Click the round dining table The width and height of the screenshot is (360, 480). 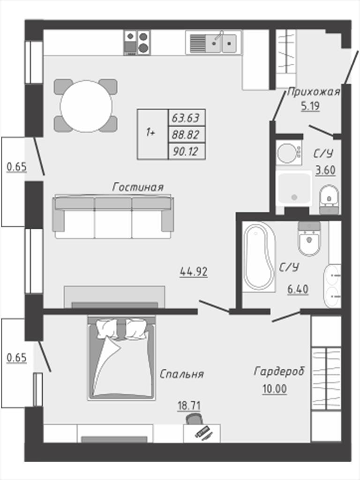click(86, 106)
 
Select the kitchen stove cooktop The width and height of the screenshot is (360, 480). click(137, 43)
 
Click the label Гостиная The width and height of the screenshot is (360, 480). click(138, 187)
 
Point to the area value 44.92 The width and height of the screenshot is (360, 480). click(194, 271)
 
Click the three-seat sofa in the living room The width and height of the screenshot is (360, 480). click(113, 217)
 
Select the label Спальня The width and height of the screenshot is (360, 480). click(182, 374)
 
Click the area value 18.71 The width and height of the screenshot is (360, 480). click(189, 406)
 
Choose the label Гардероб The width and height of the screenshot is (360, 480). click(279, 371)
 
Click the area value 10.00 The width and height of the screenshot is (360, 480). click(275, 389)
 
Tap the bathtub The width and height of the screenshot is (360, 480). click(259, 257)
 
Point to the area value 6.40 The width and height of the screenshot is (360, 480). click(298, 289)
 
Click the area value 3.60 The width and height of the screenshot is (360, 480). click(325, 170)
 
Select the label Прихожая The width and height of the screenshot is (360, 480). click(314, 92)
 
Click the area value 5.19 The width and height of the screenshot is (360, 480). click(310, 106)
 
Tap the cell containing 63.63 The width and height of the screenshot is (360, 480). click(187, 117)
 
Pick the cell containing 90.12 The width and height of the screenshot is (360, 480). click(187, 151)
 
